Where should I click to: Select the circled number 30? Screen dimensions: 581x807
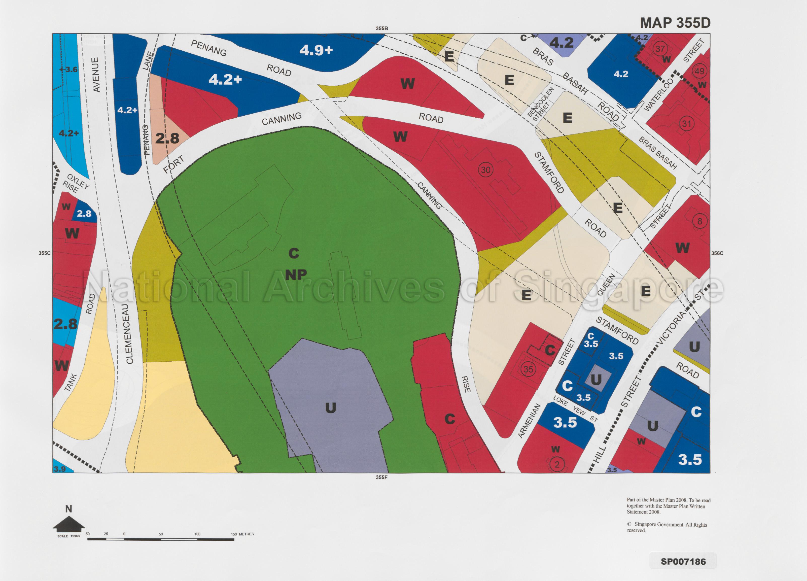(485, 170)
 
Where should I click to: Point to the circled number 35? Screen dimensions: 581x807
(528, 369)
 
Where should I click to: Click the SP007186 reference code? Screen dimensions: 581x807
(683, 561)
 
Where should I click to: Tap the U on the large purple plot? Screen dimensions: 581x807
(331, 408)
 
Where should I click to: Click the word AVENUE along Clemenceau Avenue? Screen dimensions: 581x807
(95, 75)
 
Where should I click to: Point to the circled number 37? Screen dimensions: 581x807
(660, 49)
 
